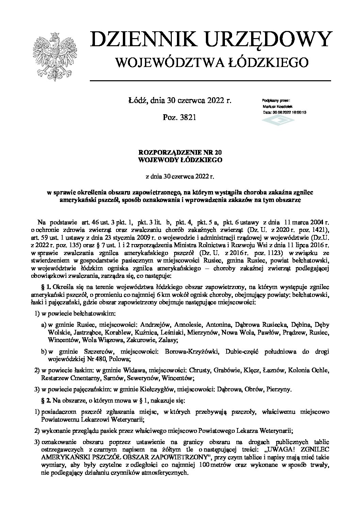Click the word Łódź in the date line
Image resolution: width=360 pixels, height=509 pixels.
[x=136, y=100]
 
